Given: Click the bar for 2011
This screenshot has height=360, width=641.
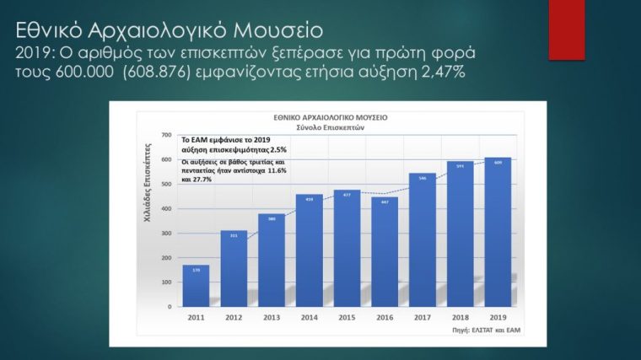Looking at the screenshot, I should point(196,287).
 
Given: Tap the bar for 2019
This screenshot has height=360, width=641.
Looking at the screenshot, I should point(498,233).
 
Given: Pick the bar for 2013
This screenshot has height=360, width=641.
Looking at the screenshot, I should point(272,261).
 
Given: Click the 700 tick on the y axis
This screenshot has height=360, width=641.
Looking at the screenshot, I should point(167,135).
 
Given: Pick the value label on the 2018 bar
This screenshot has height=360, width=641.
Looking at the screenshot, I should point(461,165).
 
